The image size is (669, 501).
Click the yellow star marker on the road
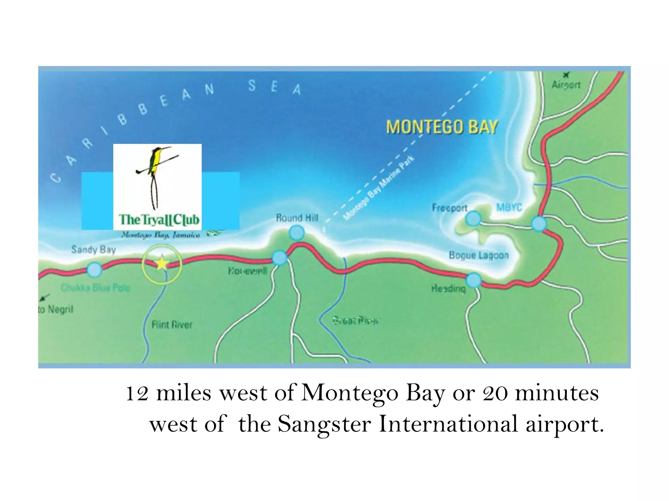click(162, 264)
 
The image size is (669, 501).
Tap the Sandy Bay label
click(93, 250)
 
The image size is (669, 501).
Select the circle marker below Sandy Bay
click(94, 270)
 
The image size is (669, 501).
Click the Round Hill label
click(297, 218)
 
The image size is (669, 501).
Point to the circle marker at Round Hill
click(297, 233)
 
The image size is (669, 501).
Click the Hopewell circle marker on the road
click(279, 258)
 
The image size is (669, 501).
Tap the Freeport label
click(449, 208)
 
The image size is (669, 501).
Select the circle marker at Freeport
click(473, 218)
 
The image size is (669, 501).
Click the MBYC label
click(509, 207)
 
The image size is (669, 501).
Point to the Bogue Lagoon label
click(479, 255)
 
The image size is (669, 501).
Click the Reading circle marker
click(473, 280)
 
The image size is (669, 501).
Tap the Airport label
click(566, 85)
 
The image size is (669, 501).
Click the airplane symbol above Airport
click(566, 75)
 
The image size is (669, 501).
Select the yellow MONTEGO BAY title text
click(442, 127)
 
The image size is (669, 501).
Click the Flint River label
click(172, 325)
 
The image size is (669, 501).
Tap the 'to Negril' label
click(56, 309)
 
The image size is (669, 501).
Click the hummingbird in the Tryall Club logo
click(155, 163)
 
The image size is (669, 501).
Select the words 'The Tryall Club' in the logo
click(159, 220)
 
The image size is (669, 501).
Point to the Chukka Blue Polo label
click(95, 288)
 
